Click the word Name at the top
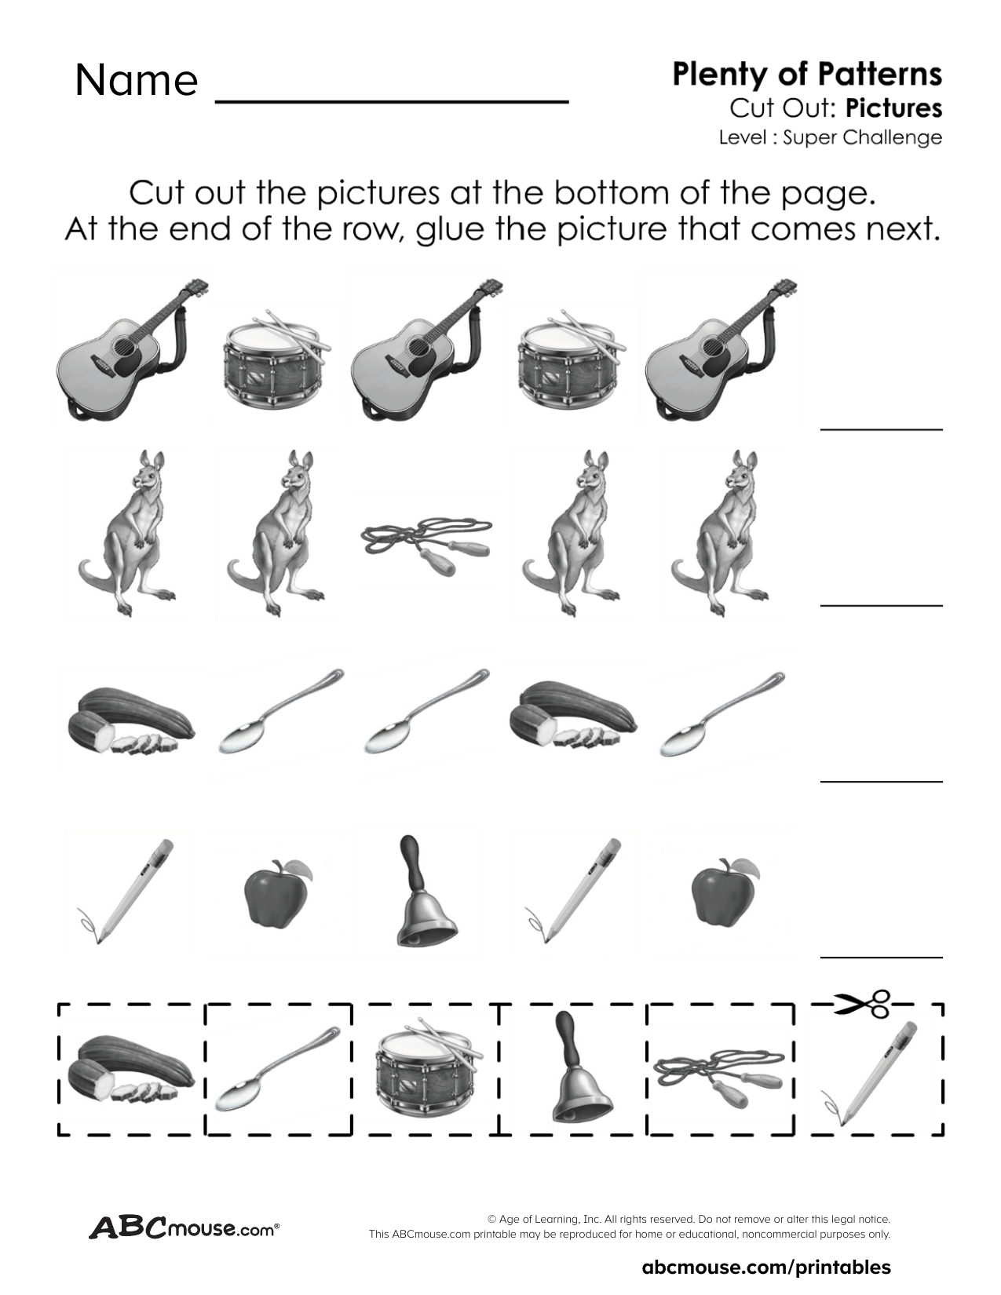[x=136, y=80]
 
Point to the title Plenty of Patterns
[x=806, y=74]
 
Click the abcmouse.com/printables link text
[x=766, y=1266]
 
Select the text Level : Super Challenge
[x=830, y=137]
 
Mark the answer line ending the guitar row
[x=881, y=429]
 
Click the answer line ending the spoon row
[x=881, y=781]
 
